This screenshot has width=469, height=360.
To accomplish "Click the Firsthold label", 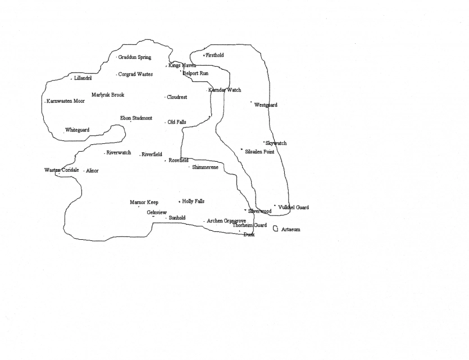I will (215, 55).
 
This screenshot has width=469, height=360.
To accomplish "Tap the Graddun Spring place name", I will (134, 57).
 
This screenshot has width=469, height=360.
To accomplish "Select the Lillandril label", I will (83, 78).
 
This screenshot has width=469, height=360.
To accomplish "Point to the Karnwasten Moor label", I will (65, 101).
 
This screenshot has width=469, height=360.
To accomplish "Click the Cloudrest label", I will (177, 97).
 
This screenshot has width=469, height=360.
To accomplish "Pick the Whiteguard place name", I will (77, 130).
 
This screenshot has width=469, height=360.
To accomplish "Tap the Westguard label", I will (266, 105).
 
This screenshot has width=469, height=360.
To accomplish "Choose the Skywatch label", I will (276, 143).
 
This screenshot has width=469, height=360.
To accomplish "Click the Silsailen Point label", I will (259, 152).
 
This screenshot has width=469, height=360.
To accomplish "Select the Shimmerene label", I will (205, 167).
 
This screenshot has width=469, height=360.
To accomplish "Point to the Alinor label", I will (92, 171).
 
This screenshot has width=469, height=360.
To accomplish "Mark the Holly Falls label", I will (193, 201).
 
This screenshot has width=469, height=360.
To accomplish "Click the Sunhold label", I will (177, 218).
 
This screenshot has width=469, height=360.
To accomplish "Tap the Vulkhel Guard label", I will (293, 207).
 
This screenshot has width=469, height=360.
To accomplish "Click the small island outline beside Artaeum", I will (275, 229).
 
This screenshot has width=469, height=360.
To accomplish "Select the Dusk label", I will (249, 235).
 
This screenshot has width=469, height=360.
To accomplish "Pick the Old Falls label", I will (177, 122).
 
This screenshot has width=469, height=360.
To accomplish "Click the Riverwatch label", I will (119, 153).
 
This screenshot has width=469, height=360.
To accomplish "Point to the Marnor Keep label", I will (144, 202).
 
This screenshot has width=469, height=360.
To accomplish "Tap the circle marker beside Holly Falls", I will (180, 201).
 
